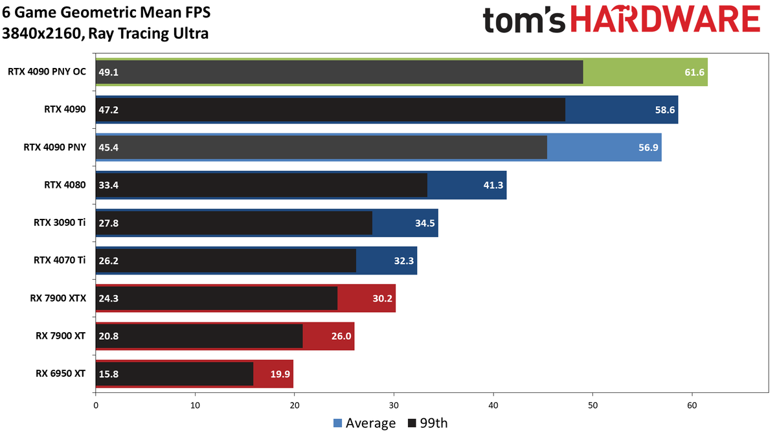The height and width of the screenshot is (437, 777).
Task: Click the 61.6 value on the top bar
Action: pyautogui.click(x=694, y=72)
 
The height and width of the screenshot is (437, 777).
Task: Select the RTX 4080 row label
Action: pyautogui.click(x=65, y=185)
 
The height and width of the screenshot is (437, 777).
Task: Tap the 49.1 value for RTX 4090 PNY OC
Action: pyautogui.click(x=109, y=72)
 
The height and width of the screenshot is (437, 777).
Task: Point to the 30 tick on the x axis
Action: pyautogui.click(x=394, y=405)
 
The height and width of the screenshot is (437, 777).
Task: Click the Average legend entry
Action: pyautogui.click(x=365, y=423)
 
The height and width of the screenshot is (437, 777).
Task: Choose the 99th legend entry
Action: pyautogui.click(x=428, y=423)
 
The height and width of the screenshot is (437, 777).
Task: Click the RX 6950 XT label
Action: pyautogui.click(x=60, y=374)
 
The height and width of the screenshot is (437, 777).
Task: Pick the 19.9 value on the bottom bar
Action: pyautogui.click(x=280, y=374)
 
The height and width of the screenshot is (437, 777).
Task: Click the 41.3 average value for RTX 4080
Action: pyautogui.click(x=493, y=185)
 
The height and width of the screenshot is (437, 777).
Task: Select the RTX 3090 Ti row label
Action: pyautogui.click(x=60, y=223)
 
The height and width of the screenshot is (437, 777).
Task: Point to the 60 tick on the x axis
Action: pyautogui.click(x=692, y=405)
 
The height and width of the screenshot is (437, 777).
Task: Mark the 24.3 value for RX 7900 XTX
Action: pyautogui.click(x=109, y=298)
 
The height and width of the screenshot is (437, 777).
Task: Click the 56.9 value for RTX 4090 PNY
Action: pyautogui.click(x=648, y=148)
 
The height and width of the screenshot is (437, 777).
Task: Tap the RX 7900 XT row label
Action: pyautogui.click(x=60, y=336)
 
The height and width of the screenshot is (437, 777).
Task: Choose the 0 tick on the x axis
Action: pyautogui.click(x=96, y=405)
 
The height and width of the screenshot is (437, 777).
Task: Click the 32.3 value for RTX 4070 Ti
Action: pyautogui.click(x=404, y=261)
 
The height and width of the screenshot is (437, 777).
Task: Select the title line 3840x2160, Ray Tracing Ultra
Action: pyautogui.click(x=105, y=34)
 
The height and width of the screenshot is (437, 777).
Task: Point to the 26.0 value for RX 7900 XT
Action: pyautogui.click(x=341, y=336)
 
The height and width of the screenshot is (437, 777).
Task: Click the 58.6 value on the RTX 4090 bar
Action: pyautogui.click(x=665, y=110)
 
